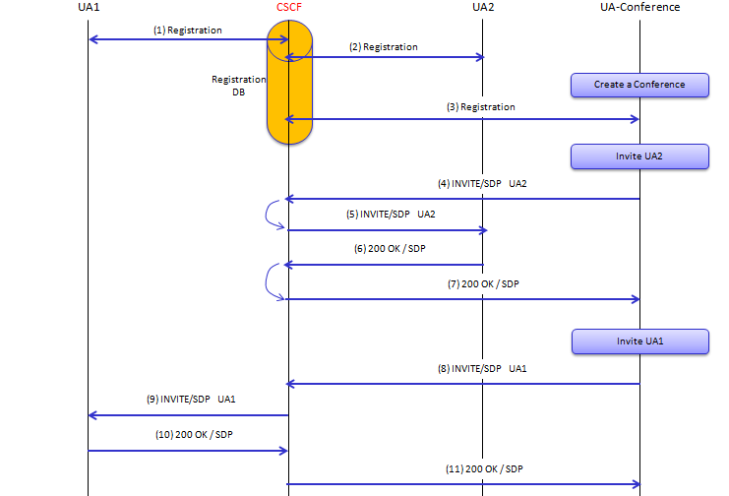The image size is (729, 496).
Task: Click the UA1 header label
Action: point(89,7)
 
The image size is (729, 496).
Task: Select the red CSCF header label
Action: point(289,7)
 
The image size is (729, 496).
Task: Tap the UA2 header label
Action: point(483,7)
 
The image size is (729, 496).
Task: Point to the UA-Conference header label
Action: point(639,7)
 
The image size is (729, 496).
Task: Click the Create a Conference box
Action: point(639,86)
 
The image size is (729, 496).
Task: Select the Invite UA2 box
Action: point(639,156)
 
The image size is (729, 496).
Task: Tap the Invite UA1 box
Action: point(640,341)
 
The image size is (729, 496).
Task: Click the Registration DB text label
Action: point(238,86)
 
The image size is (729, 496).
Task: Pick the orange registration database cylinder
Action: point(289,83)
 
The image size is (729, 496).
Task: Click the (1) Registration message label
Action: point(188,31)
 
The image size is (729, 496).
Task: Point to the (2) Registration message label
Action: point(384,47)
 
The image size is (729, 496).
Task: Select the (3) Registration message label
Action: point(481,107)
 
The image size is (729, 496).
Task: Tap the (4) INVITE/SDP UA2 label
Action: point(482,184)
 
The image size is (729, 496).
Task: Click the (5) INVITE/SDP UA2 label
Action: point(391,214)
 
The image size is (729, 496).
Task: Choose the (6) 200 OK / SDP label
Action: point(390,249)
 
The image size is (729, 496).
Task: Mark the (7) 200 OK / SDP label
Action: point(483,283)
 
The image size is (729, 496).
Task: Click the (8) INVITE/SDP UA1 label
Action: point(482,369)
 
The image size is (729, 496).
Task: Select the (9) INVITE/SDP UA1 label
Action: point(191,400)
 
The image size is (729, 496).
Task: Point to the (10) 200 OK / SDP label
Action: point(194,435)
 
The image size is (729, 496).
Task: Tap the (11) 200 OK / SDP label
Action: point(484,469)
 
